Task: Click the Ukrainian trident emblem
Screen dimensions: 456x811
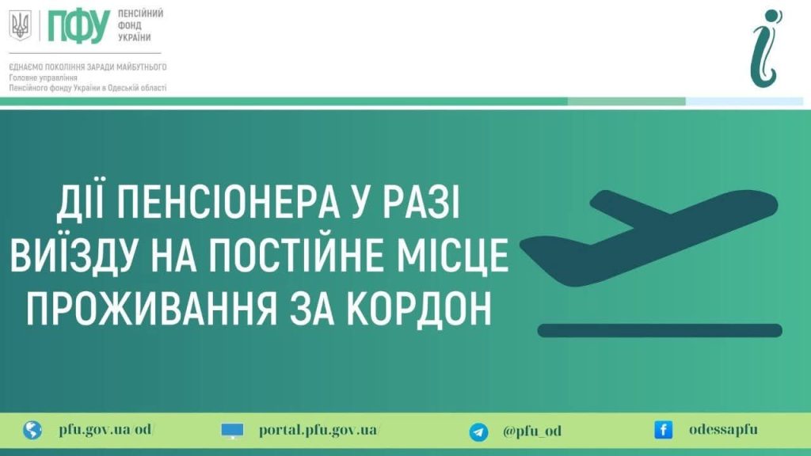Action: pyautogui.click(x=19, y=26)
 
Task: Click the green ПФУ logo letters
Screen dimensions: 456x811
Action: pyautogui.click(x=78, y=26)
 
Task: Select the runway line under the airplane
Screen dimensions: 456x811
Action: pyautogui.click(x=660, y=330)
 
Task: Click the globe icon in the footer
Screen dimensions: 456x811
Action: pyautogui.click(x=32, y=431)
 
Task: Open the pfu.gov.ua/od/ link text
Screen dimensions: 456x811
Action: pyautogui.click(x=106, y=430)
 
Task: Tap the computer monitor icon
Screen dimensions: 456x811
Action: pyautogui.click(x=233, y=431)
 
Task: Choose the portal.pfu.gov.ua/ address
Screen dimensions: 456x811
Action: pyautogui.click(x=319, y=430)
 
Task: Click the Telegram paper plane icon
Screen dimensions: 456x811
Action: pyautogui.click(x=478, y=431)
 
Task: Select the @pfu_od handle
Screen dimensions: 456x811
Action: pyautogui.click(x=532, y=431)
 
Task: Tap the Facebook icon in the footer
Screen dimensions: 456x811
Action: pyautogui.click(x=663, y=430)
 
